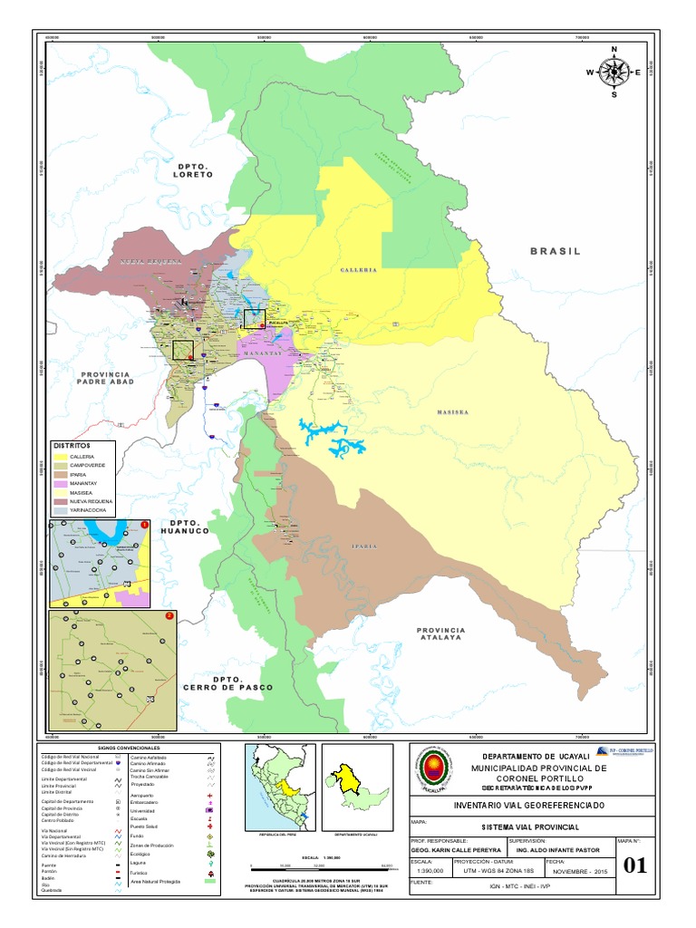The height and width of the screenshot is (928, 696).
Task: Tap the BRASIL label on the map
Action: point(555,251)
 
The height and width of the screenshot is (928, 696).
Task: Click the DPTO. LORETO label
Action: point(195,170)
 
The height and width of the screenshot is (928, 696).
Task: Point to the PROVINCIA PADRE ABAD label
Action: point(107,378)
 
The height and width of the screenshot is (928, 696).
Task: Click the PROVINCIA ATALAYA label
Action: point(440,633)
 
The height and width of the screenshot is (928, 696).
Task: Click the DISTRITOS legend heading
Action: point(73,445)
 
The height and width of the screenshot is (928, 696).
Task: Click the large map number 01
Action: point(636,865)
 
